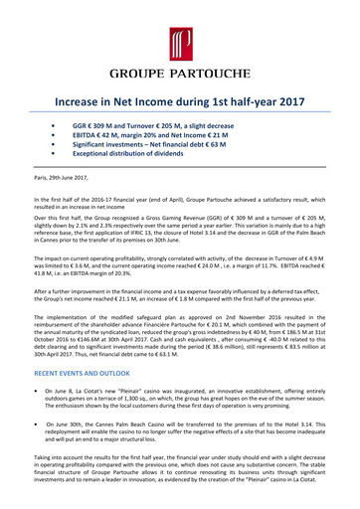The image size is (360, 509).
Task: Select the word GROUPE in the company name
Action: (139, 73)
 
